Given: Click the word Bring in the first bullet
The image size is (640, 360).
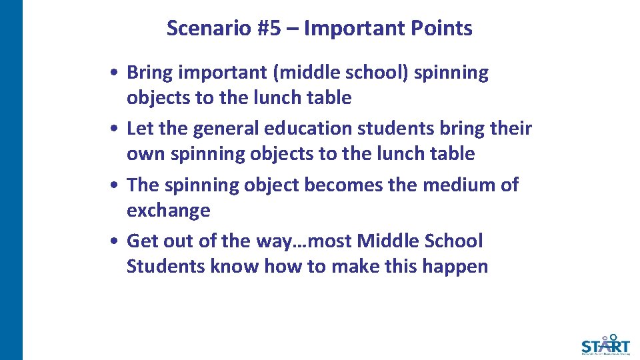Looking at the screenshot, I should tap(150, 73).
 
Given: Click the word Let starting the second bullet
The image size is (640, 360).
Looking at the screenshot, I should tap(138, 128).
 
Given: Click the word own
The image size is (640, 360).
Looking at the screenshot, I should tap(146, 154).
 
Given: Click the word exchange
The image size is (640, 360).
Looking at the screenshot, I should tap(168, 211).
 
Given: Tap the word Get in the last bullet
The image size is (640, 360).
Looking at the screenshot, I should tap(141, 241).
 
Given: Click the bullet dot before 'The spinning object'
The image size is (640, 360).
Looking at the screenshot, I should tap(115, 185).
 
